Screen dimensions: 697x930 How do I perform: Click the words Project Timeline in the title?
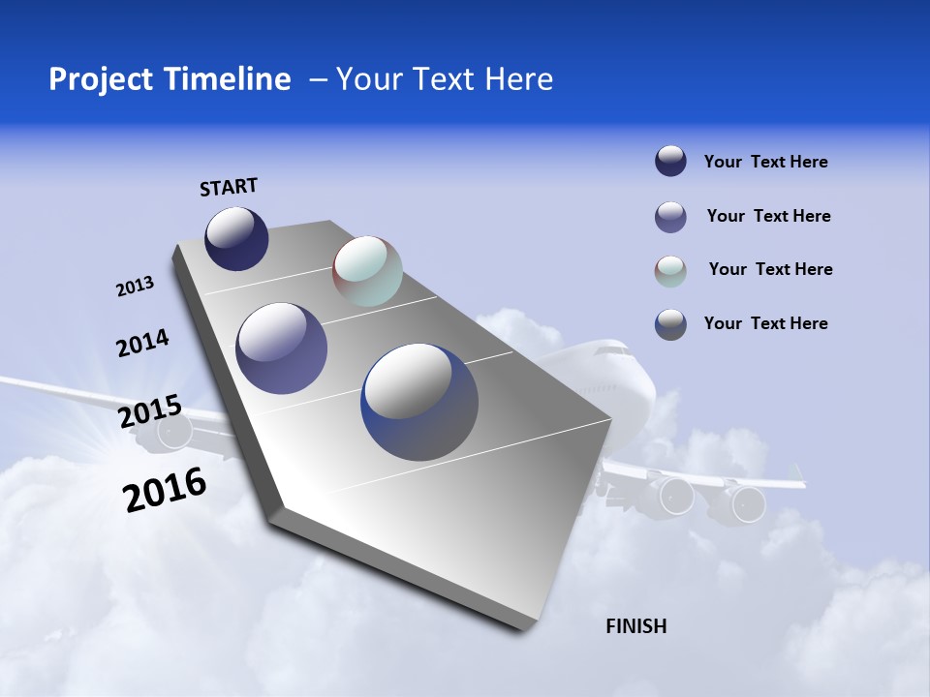point(170,79)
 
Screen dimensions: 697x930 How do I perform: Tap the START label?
point(229,187)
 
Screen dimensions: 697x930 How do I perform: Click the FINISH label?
point(635,626)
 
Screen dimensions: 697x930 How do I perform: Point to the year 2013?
point(135,287)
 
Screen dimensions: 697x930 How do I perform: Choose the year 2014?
point(142,344)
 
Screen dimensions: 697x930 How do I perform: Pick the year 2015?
point(150,411)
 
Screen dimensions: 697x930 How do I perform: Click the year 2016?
point(165,490)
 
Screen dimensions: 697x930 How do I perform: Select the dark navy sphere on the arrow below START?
point(236,238)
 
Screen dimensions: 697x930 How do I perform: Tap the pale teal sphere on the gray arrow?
point(367,271)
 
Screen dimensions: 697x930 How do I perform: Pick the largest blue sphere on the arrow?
point(419,402)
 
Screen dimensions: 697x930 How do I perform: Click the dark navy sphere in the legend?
point(670,161)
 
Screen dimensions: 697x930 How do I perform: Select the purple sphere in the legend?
point(670,217)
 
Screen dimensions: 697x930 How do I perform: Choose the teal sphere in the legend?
point(670,271)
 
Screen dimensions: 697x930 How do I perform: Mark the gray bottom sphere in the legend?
point(670,324)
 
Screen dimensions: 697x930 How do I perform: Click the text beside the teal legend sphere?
point(770,269)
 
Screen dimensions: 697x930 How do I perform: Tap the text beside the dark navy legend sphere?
point(765,162)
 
